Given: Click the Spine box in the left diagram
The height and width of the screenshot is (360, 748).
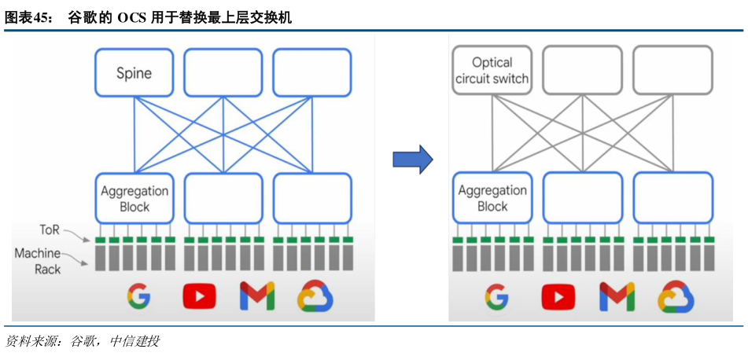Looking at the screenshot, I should (x=134, y=72).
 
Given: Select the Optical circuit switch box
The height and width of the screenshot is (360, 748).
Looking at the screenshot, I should (x=492, y=70).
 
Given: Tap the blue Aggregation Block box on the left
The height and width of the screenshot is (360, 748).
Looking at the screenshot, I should (x=134, y=198).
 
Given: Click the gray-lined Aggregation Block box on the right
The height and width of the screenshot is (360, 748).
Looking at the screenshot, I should (x=492, y=198).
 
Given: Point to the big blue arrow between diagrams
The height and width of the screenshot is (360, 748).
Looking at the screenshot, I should (x=412, y=160).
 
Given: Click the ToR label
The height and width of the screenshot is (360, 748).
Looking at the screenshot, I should (x=50, y=230).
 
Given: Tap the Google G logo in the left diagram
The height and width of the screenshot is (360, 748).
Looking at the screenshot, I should (x=138, y=296).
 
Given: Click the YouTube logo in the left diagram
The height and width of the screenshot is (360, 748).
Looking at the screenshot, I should (x=199, y=296).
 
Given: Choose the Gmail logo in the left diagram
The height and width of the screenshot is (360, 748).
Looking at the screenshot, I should (x=257, y=296).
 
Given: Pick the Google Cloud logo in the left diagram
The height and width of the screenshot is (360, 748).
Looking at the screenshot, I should (x=315, y=296).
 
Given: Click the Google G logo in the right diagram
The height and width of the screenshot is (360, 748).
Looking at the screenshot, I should (x=496, y=296).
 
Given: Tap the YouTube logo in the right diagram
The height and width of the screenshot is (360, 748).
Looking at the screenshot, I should (x=558, y=296).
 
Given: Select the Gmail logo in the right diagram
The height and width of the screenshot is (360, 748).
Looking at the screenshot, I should (x=617, y=296).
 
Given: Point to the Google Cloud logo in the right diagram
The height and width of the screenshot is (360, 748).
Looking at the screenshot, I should (x=675, y=296).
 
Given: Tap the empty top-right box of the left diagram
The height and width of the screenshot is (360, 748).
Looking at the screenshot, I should (x=312, y=72).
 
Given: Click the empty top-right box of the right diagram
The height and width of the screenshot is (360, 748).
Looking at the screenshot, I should (x=672, y=70).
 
